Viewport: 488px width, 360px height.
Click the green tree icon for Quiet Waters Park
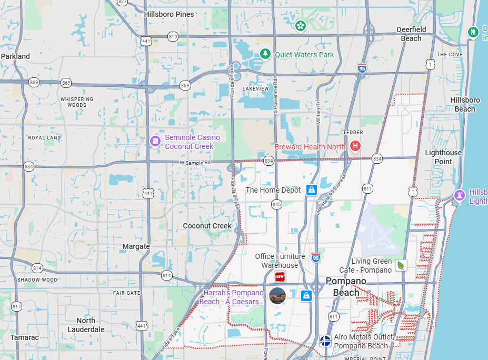tap(266, 54)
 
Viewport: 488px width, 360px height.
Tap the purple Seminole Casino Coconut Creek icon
tap(155, 141)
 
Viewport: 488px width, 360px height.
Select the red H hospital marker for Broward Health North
tap(355, 146)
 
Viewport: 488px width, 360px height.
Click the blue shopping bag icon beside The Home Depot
tap(312, 189)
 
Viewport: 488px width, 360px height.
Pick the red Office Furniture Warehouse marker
tap(280, 276)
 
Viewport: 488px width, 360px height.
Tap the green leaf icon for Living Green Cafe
tap(401, 265)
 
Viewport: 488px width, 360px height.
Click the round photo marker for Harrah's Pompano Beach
tap(277, 296)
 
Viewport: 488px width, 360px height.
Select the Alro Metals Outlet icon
tap(325, 341)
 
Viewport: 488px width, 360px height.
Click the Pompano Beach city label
tap(346, 286)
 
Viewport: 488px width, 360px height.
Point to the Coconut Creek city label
tap(207, 226)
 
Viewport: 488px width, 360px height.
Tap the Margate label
tap(136, 246)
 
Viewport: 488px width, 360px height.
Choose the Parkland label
tap(15, 56)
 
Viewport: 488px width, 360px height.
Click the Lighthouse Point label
tap(443, 157)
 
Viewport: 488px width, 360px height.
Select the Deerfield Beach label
tap(411, 34)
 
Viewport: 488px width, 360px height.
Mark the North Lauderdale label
tap(86, 325)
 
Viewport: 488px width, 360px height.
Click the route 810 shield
tap(173, 36)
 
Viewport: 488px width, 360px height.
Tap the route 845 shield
tap(277, 204)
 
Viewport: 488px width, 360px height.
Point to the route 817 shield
tap(17, 306)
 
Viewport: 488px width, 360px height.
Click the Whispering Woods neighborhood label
tap(77, 102)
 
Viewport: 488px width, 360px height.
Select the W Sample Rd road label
tap(195, 163)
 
